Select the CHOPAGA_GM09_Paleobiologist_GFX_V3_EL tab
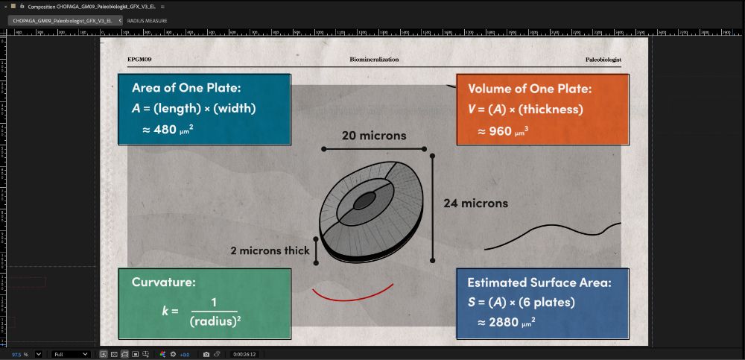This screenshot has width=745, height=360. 62,20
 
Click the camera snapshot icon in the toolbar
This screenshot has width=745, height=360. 206,354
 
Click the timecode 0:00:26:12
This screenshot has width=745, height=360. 244,354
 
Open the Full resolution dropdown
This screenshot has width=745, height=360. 71,354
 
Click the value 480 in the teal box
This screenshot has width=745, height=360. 165,130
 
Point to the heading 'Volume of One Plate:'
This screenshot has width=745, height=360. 530,89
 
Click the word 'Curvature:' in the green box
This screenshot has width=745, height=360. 164,282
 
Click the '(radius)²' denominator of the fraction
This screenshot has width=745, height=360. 215,321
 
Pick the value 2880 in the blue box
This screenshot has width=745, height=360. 503,322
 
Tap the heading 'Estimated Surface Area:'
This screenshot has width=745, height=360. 539,282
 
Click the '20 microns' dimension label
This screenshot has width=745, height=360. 374,136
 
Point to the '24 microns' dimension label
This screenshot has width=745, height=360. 475,203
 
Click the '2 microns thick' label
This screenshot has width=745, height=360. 270,250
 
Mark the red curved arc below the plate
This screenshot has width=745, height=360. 352,296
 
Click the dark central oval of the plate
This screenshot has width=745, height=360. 364,200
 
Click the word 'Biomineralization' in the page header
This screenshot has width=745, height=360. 374,59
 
